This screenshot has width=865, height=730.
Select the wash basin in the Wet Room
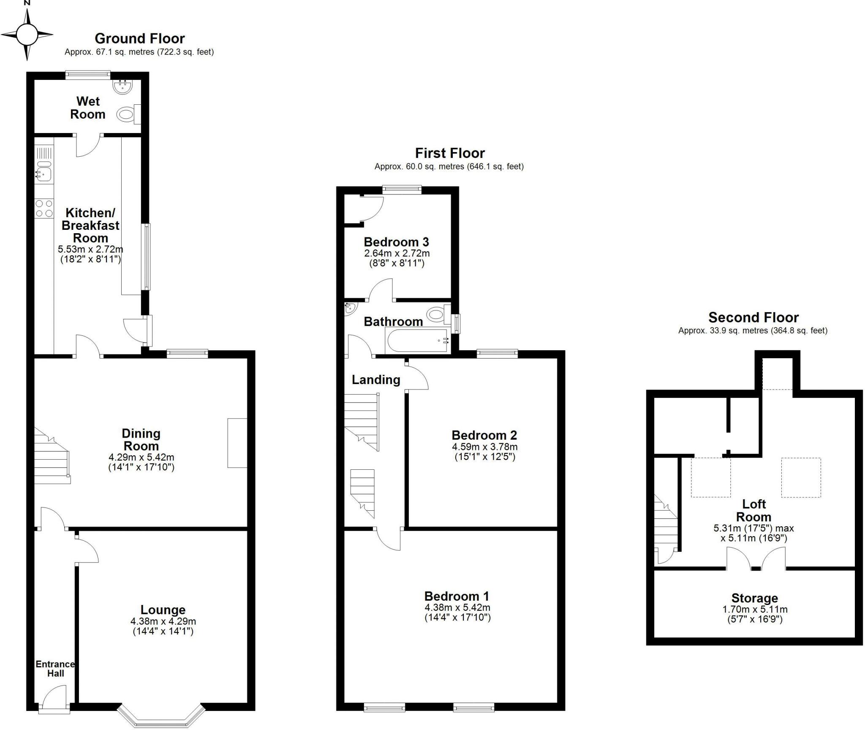click(123, 86)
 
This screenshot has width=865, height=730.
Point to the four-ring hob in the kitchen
click(44, 209)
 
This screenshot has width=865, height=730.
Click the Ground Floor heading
click(140, 38)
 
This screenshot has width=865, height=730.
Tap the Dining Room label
click(141, 439)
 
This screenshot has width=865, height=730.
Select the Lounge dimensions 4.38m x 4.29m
click(163, 621)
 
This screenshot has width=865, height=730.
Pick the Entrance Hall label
click(55, 669)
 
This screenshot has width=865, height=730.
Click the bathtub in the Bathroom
click(417, 340)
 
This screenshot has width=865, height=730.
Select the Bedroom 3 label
click(396, 242)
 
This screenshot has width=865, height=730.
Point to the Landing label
click(376, 380)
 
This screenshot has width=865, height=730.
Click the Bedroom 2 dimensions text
click(484, 452)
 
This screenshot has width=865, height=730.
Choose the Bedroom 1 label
click(457, 596)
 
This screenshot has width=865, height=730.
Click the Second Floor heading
click(753, 317)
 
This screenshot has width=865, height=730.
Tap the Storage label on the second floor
click(754, 598)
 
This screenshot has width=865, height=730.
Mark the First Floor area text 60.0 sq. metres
click(435, 166)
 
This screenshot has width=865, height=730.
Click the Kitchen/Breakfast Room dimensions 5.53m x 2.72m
click(90, 249)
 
